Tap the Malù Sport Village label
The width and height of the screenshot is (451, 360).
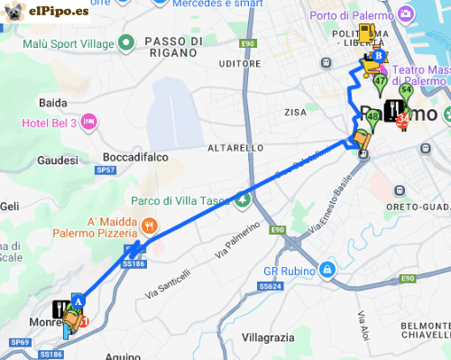[68, 43]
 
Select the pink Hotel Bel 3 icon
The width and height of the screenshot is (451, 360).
[88, 121]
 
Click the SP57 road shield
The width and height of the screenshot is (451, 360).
[106, 170]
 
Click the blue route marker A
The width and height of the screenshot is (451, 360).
[78, 300]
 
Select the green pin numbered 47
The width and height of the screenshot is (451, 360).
[380, 83]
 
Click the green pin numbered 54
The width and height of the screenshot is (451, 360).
[406, 91]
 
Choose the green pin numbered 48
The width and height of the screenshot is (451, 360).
[373, 115]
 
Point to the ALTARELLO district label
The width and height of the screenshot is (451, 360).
[235, 147]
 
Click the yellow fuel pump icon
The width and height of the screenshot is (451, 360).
[366, 34]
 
